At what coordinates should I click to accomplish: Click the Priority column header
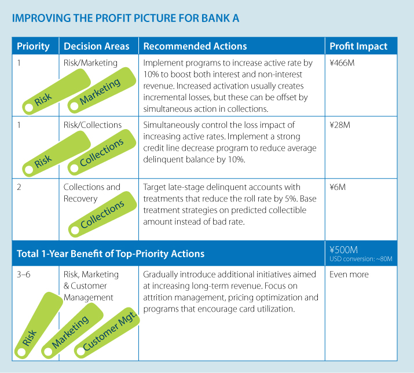33,46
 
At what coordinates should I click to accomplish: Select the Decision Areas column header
96,46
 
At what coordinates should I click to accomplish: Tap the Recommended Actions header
195,46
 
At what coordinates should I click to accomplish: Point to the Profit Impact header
358,46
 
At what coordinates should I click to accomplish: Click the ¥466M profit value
342,63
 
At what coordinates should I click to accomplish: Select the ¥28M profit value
340,125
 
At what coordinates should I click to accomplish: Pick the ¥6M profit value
338,187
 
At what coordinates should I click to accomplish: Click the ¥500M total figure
343,250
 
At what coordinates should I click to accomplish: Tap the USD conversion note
361,259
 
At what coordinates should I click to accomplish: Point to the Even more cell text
349,275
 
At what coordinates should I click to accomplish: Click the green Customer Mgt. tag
107,333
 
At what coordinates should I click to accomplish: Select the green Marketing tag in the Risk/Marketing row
102,90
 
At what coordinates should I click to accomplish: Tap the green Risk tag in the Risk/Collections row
57,153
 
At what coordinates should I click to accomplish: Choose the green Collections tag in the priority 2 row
102,214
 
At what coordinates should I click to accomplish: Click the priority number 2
19,187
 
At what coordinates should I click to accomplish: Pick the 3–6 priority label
24,275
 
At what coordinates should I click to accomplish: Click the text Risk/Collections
93,125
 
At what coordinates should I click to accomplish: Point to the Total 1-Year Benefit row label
111,254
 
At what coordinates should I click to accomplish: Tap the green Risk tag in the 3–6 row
39,326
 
